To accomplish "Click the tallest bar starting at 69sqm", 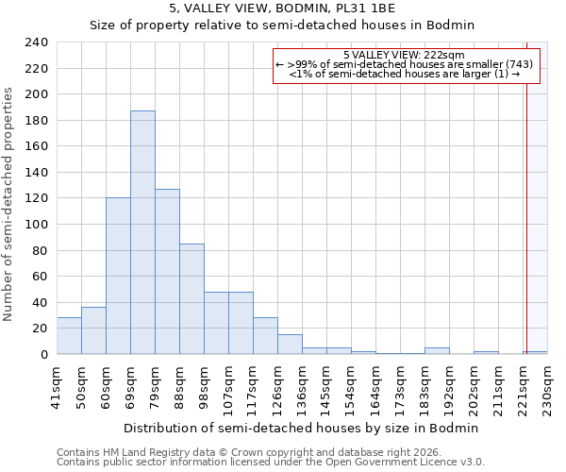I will pyautogui.click(x=142, y=232).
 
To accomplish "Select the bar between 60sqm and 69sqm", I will pyautogui.click(x=118, y=276).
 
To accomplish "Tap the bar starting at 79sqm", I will pyautogui.click(x=167, y=272).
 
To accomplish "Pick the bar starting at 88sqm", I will pyautogui.click(x=191, y=299).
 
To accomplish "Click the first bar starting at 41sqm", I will pyautogui.click(x=69, y=336).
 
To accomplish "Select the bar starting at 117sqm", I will pyautogui.click(x=265, y=336).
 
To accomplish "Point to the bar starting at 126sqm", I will pyautogui.click(x=290, y=345).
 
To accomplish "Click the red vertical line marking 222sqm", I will pyautogui.click(x=525, y=198).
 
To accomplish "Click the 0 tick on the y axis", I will pyautogui.click(x=43, y=355).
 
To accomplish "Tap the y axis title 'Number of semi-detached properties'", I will pyautogui.click(x=9, y=204).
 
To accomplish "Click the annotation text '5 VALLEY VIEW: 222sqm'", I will pyautogui.click(x=404, y=55).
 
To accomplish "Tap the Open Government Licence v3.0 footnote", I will pyautogui.click(x=271, y=463).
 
